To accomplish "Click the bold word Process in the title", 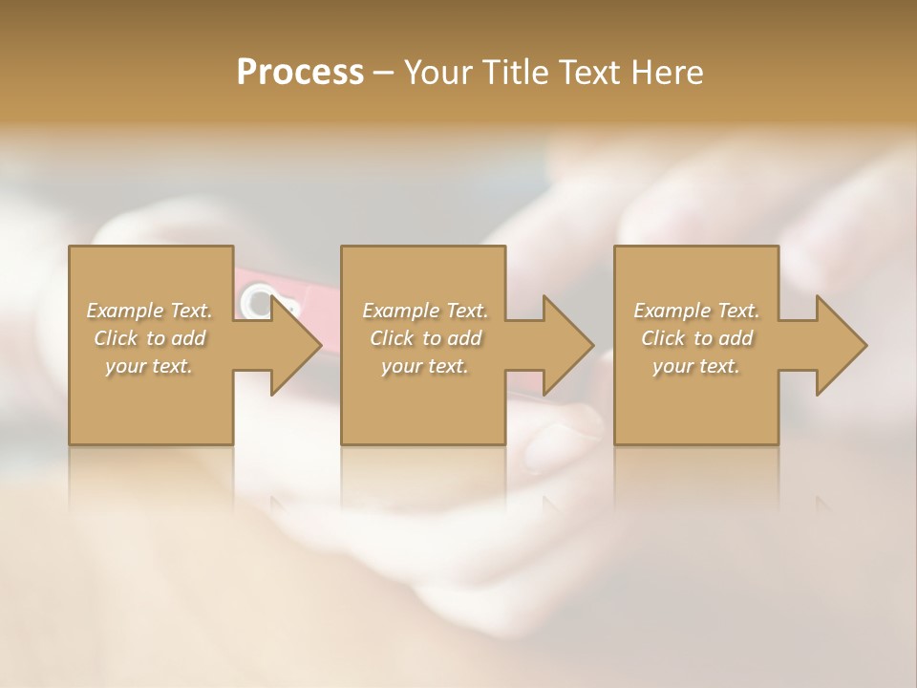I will (300, 73).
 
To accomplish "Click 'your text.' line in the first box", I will (149, 366).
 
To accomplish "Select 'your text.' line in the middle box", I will (424, 366).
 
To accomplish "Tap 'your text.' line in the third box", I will (696, 366).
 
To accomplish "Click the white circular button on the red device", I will (256, 301).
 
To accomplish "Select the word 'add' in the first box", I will (188, 338).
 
